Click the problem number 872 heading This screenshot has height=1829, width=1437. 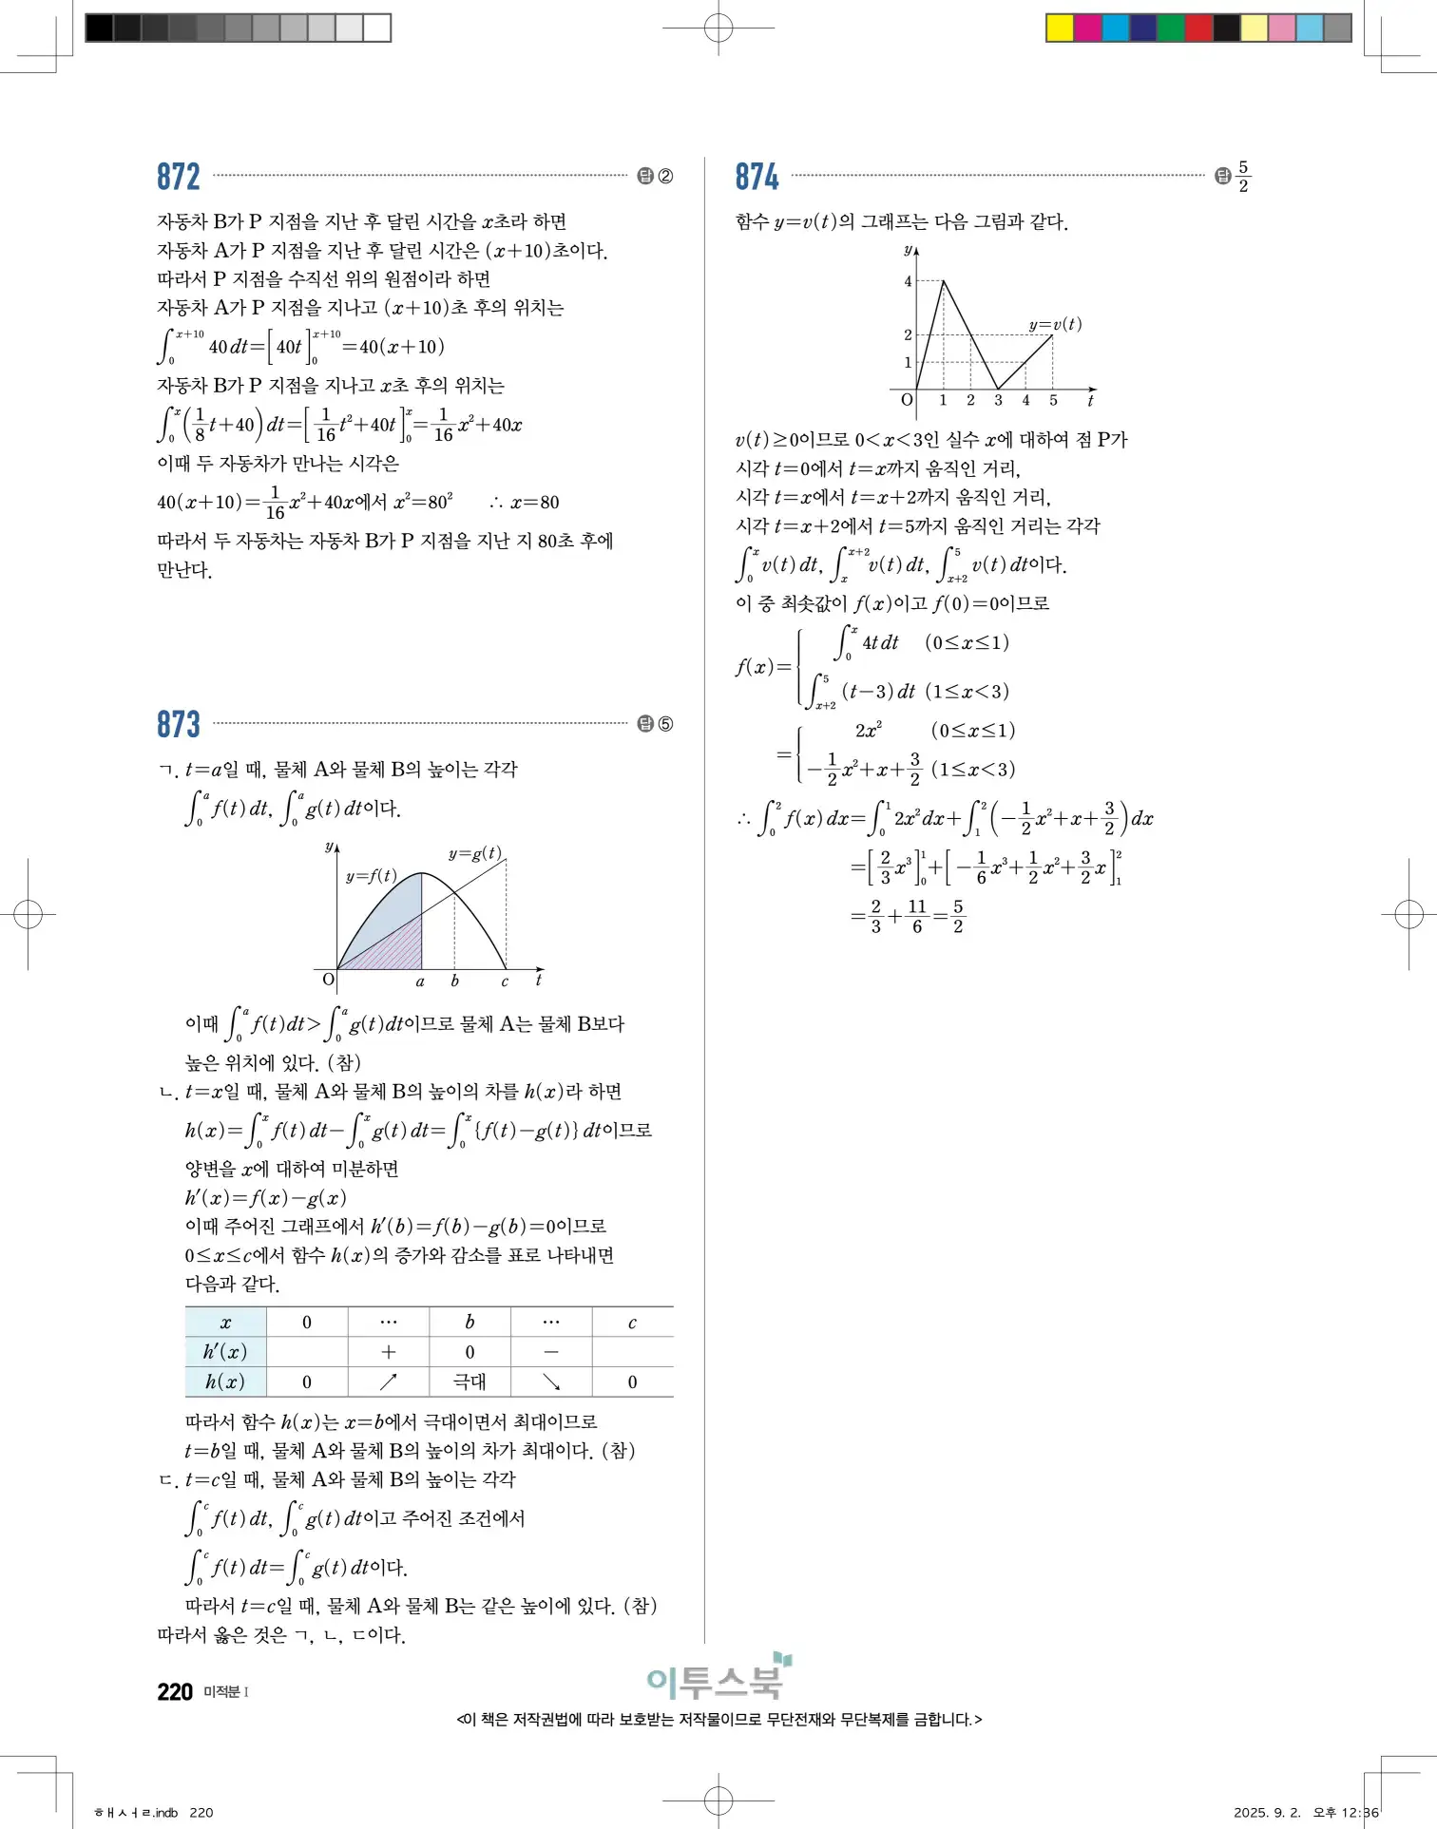click(x=179, y=177)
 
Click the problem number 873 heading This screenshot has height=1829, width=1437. click(x=179, y=724)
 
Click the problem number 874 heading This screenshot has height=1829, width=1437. click(x=757, y=177)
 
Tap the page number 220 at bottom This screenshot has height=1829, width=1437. click(x=175, y=1692)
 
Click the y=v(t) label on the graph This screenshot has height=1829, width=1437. click(x=1055, y=324)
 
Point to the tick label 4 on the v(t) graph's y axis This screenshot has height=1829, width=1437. click(x=908, y=281)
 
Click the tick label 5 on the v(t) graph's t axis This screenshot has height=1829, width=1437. click(x=1053, y=400)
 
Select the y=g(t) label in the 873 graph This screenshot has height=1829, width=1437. click(x=475, y=853)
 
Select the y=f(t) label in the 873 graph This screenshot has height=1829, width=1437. click(x=372, y=876)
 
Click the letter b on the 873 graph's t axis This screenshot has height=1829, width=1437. click(x=454, y=981)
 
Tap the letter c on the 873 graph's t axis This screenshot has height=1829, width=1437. click(x=505, y=981)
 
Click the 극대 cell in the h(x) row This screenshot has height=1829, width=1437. click(x=469, y=1381)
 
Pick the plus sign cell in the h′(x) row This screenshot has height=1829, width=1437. click(x=389, y=1351)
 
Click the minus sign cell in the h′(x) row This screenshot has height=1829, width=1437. click(x=551, y=1351)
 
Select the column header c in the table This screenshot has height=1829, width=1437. click(x=632, y=1322)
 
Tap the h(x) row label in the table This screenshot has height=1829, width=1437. click(x=225, y=1381)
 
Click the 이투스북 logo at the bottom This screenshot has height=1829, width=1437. click(x=718, y=1680)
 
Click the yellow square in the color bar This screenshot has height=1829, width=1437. click(x=1060, y=28)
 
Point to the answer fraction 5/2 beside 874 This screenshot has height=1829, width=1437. click(x=1243, y=177)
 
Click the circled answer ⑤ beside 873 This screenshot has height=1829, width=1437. click(x=665, y=724)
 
